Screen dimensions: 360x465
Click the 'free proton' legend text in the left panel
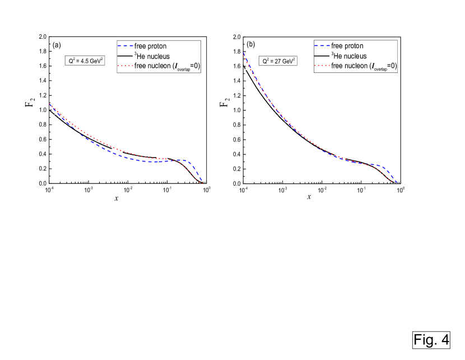[x=150, y=46]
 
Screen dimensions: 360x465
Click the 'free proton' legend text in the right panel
[x=347, y=46]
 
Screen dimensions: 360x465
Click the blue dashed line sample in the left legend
[x=124, y=46]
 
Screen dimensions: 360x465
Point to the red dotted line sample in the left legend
[x=124, y=66]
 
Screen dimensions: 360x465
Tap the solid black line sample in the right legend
[x=322, y=56]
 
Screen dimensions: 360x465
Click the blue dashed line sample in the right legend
[x=322, y=46]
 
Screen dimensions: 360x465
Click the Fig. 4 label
[x=431, y=339]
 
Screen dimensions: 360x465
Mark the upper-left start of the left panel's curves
[x=50, y=104]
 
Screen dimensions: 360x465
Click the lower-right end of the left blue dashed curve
[x=202, y=181]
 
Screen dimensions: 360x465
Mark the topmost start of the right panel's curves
[x=243, y=53]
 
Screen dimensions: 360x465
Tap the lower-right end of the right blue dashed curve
[x=397, y=182]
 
